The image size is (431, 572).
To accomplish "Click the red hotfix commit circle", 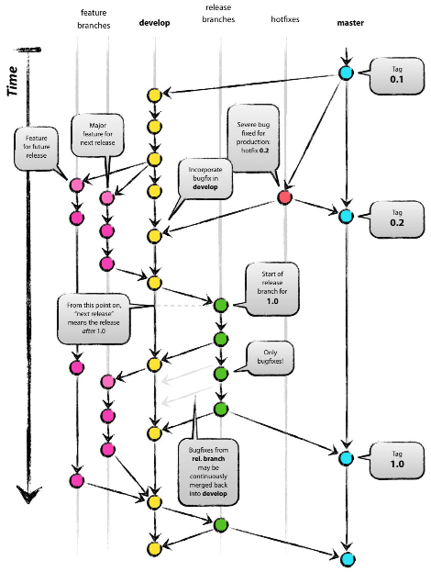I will point(284,197).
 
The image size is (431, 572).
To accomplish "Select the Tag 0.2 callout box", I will point(392,218).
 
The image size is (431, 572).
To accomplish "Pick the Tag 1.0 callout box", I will point(392,458).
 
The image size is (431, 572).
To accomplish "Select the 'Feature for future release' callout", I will point(35,144).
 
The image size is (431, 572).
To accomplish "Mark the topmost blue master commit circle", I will point(346,73).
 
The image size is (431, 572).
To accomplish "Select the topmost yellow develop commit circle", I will point(154,95).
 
